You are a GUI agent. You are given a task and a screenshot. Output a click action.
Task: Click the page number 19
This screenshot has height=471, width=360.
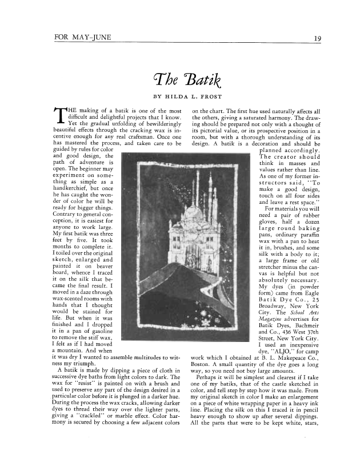316,39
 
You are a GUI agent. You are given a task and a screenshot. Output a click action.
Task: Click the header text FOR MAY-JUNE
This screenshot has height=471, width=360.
82,38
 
